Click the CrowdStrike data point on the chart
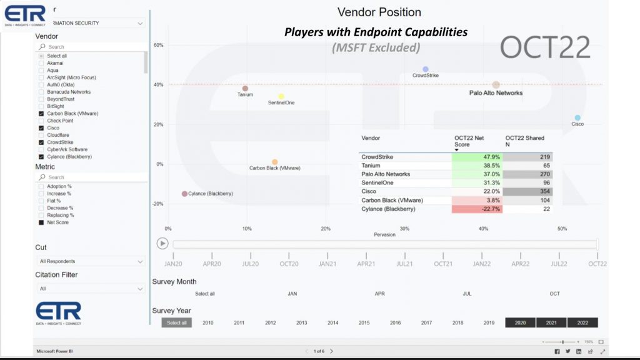click(x=426, y=69)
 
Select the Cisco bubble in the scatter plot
click(x=577, y=117)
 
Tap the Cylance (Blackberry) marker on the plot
click(x=184, y=194)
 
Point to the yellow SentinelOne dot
click(x=281, y=96)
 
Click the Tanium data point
click(x=245, y=89)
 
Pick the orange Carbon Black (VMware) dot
click(x=275, y=162)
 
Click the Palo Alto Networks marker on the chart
click(x=496, y=85)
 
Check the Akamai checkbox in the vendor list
click(x=41, y=63)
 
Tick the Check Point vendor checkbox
click(x=41, y=121)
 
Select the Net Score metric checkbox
click(x=41, y=222)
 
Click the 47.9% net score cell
click(x=477, y=157)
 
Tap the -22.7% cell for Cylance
click(x=477, y=209)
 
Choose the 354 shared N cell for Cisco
click(x=528, y=191)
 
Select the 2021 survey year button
click(x=551, y=322)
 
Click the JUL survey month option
click(x=467, y=294)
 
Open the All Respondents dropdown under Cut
click(x=90, y=261)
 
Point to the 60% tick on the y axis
click(x=158, y=45)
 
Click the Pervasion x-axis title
click(x=384, y=235)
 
